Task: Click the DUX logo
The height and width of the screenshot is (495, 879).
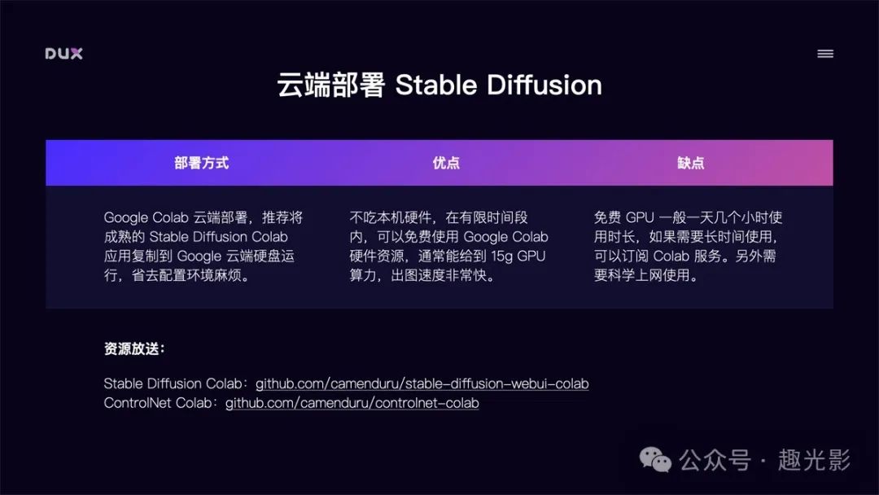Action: coord(64,54)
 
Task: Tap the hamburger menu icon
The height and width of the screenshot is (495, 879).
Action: coord(825,54)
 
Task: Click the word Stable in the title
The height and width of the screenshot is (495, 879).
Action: coord(436,85)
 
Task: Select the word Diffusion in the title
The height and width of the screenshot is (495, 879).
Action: coord(544,85)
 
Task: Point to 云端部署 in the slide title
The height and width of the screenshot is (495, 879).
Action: coord(330,85)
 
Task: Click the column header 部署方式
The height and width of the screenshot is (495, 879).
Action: coord(201,163)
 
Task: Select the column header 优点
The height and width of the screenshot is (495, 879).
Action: coord(446,163)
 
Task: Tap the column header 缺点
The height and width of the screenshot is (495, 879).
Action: coord(691,163)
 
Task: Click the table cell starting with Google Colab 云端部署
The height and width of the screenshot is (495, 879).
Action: coord(203,246)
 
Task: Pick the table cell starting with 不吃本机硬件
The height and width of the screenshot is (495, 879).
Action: coord(448,246)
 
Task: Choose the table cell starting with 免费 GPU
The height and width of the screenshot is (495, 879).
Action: coord(688,246)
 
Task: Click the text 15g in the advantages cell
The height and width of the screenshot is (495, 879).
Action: coord(501,256)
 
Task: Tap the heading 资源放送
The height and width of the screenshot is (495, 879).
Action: coord(134,348)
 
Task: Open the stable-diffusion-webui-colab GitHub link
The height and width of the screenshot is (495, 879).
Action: coord(422,384)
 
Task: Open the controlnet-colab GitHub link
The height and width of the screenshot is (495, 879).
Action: coord(352,403)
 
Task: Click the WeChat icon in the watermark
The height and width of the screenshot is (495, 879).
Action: coord(655,460)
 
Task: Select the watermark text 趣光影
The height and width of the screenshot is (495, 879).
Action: coord(814,460)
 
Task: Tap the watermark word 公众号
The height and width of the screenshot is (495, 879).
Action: coord(715,460)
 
